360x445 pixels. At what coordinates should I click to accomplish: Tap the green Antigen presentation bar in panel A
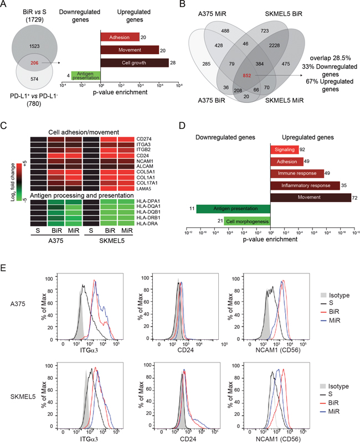coord(85,75)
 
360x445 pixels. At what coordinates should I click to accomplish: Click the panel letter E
coord(4,268)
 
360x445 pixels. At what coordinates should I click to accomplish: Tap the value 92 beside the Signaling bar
coord(303,149)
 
